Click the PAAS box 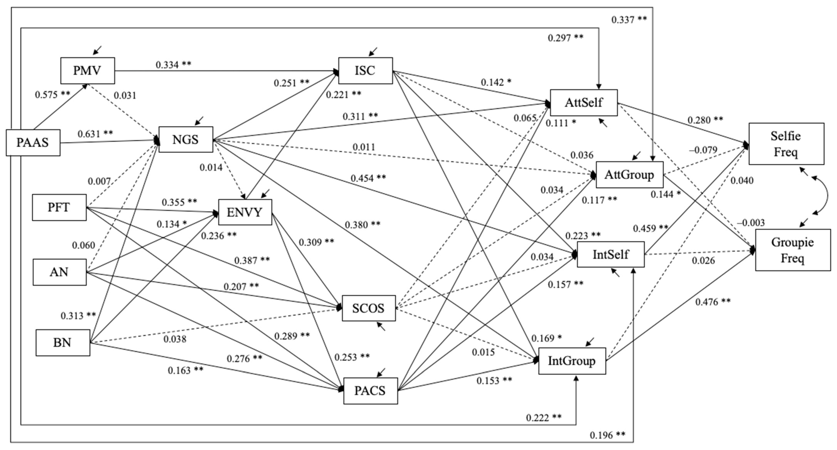[x=33, y=143]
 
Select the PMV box [x=87, y=71]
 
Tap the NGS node [x=186, y=139]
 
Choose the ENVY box [x=245, y=212]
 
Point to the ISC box [x=365, y=71]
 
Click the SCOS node [x=368, y=308]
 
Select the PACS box [x=370, y=390]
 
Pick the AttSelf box [x=584, y=103]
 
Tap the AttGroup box [x=629, y=175]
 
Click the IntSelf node [x=611, y=254]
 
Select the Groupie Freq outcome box [x=792, y=250]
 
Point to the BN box [x=63, y=343]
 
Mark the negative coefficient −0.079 [x=703, y=150]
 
